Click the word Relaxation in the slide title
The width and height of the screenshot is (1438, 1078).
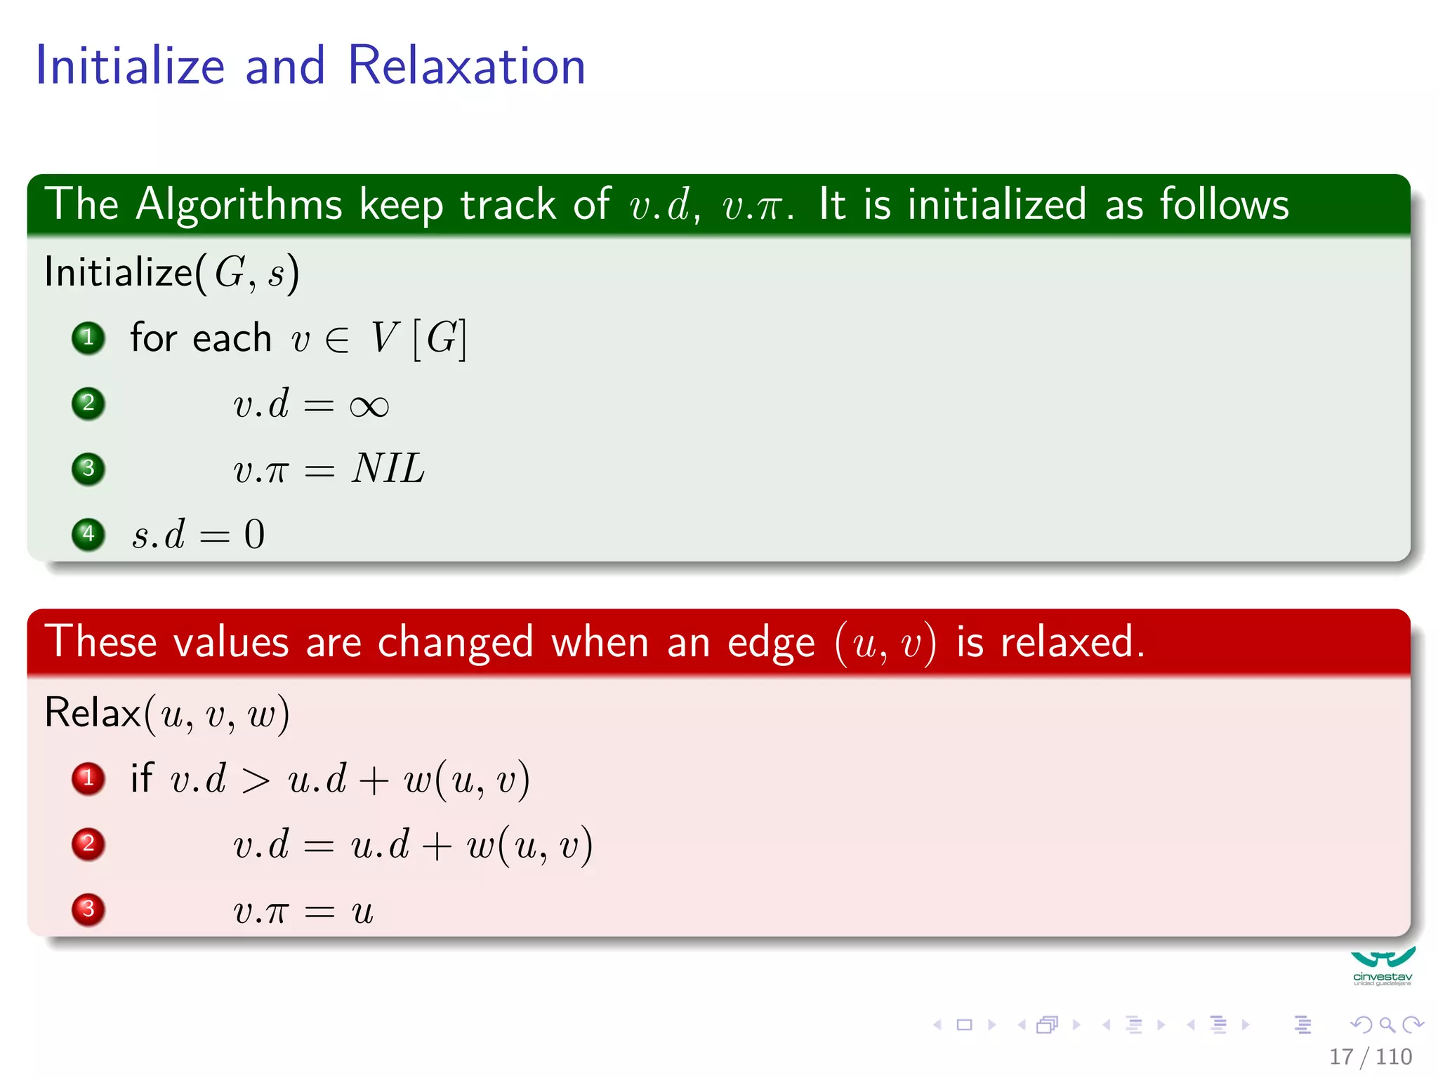(x=466, y=66)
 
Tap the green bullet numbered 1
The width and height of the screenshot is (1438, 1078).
(x=88, y=338)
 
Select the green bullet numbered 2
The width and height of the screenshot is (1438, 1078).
(x=88, y=403)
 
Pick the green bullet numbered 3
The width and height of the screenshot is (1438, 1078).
(x=88, y=468)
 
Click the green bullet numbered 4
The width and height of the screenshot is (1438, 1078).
(x=88, y=534)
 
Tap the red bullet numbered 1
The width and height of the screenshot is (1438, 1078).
(x=88, y=778)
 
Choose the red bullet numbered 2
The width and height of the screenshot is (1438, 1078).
(x=88, y=844)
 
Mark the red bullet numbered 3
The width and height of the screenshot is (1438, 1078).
(x=88, y=909)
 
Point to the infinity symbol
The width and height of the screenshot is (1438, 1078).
(x=369, y=406)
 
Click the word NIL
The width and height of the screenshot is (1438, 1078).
(x=388, y=468)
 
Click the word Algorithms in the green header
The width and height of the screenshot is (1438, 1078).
(x=239, y=205)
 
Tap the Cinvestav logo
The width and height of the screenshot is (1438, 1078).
(x=1382, y=966)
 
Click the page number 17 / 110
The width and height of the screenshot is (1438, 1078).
(x=1370, y=1056)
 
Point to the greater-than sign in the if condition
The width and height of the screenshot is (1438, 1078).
(x=256, y=780)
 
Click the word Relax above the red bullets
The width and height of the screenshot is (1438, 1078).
(x=93, y=713)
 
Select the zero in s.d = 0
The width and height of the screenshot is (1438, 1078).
(x=254, y=534)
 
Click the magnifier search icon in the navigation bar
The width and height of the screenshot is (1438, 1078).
(x=1387, y=1025)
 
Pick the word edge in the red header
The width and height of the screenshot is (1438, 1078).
(x=771, y=643)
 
